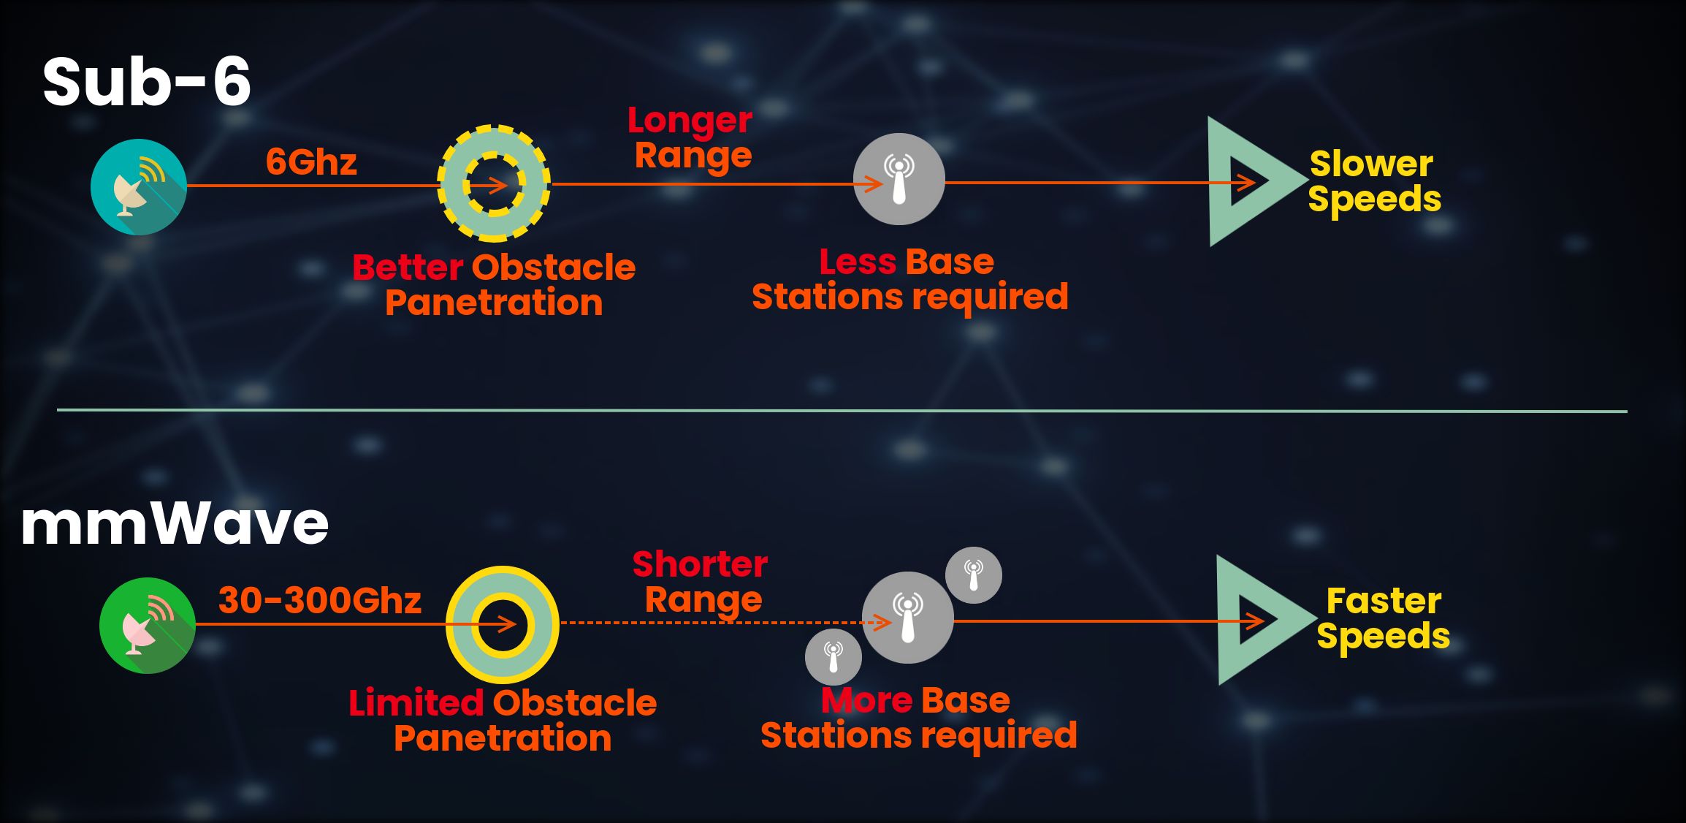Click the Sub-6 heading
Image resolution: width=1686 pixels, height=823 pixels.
pos(147,82)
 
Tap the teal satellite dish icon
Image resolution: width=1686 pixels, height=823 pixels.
pos(139,187)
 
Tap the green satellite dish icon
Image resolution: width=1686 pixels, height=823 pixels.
pos(148,626)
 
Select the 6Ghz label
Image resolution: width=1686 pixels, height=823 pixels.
pos(311,162)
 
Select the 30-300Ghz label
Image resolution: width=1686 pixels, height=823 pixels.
pos(320,600)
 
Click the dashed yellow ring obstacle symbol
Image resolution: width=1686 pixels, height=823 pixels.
pos(494,183)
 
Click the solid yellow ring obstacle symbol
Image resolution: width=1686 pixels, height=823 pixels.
pos(503,625)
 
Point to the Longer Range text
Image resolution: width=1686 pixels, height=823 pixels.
pos(690,138)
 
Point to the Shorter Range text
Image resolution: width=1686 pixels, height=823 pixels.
pos(700,582)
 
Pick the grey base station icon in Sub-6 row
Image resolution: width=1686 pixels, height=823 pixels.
pos(899,179)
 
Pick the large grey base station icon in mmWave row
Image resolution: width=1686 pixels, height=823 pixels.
pos(908,618)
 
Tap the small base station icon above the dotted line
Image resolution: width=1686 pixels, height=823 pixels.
pos(974,575)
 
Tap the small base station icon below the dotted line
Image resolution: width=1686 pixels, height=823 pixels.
pos(834,657)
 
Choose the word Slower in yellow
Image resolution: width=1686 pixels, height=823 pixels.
pos(1371,164)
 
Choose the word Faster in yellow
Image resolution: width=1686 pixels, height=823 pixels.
pos(1384,602)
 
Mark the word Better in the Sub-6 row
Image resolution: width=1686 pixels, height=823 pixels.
pos(408,268)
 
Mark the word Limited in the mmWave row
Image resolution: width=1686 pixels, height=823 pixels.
pos(416,703)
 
